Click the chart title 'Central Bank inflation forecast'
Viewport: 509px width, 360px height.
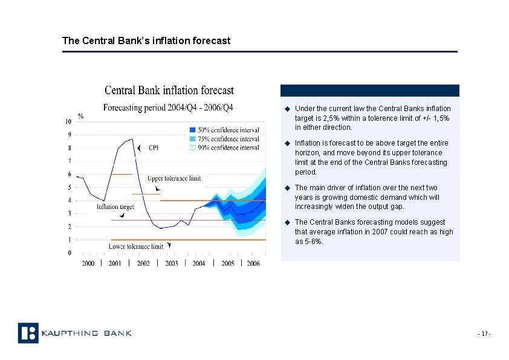click(169, 91)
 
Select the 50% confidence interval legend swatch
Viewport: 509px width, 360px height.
click(192, 130)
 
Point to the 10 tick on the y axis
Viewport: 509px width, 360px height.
click(68, 121)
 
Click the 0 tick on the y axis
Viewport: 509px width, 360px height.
click(70, 252)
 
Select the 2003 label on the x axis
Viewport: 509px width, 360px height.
click(171, 263)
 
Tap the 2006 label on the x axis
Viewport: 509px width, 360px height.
click(253, 263)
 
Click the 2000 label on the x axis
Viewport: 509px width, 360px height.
click(88, 263)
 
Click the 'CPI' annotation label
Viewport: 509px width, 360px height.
click(154, 147)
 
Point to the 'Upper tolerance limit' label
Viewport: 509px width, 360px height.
click(174, 179)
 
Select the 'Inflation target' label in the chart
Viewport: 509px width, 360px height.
click(115, 207)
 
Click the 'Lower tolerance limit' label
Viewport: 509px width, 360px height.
click(135, 246)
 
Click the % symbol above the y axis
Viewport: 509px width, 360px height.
click(80, 116)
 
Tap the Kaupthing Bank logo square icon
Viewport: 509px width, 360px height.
click(28, 333)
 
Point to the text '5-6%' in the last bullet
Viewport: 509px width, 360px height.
click(312, 242)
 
